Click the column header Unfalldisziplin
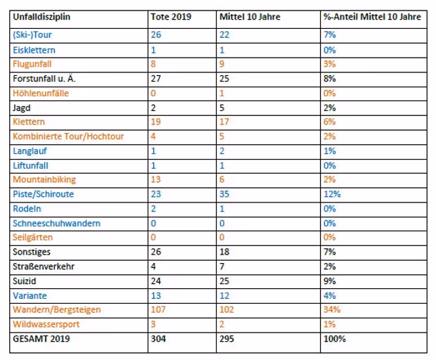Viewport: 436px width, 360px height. (41, 17)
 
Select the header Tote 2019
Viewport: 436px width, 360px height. (171, 17)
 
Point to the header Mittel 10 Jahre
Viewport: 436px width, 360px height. (250, 17)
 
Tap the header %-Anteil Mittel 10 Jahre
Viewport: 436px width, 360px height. (372, 17)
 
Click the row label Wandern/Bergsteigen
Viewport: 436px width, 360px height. (57, 309)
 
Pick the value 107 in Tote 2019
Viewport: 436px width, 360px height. (158, 309)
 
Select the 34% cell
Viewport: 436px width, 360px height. (332, 309)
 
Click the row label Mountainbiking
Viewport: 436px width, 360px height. (44, 179)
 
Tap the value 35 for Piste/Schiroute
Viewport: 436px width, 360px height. (224, 194)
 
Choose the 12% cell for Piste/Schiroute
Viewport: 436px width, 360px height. (332, 194)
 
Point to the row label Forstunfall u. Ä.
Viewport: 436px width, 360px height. (44, 79)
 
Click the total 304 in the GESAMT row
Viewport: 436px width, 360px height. (158, 339)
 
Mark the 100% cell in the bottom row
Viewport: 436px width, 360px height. (335, 339)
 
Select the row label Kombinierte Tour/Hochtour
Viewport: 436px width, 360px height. (68, 136)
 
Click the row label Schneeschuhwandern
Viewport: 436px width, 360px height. (56, 223)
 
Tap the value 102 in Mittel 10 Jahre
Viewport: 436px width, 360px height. (226, 309)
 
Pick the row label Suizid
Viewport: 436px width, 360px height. (25, 281)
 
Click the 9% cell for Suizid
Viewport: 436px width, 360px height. (330, 281)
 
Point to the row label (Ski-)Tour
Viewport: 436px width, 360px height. (32, 34)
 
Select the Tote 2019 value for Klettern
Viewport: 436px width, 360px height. (155, 122)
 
